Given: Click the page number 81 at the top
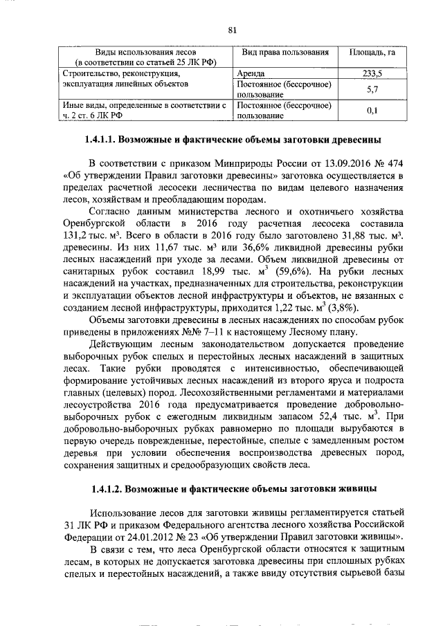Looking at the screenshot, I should click(233, 29).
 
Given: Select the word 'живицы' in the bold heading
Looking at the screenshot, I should click(359, 490).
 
